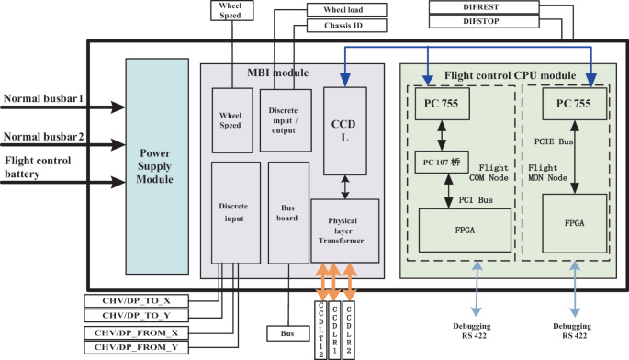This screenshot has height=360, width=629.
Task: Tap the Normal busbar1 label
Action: click(x=43, y=97)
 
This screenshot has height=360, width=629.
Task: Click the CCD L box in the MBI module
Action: click(x=345, y=130)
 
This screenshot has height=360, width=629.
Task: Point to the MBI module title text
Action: click(x=277, y=73)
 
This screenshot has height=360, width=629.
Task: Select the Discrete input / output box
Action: click(x=285, y=119)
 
